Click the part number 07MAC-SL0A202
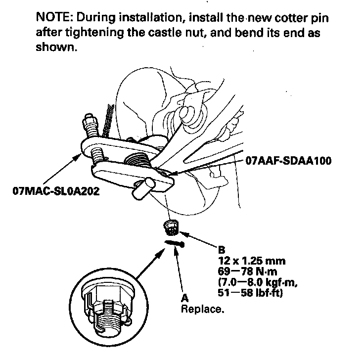click(55, 191)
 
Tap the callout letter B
click(221, 250)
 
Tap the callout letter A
click(185, 299)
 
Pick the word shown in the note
click(56, 51)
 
